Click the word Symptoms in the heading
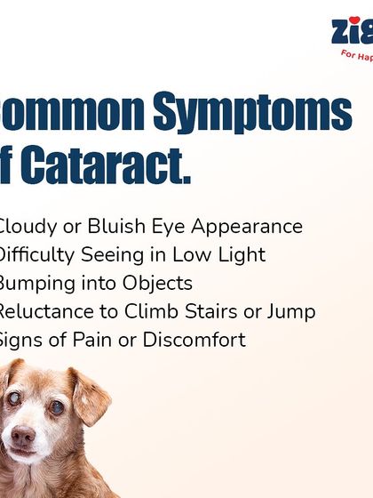pos(252,113)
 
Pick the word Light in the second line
pos(240,255)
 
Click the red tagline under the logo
pos(357,54)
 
